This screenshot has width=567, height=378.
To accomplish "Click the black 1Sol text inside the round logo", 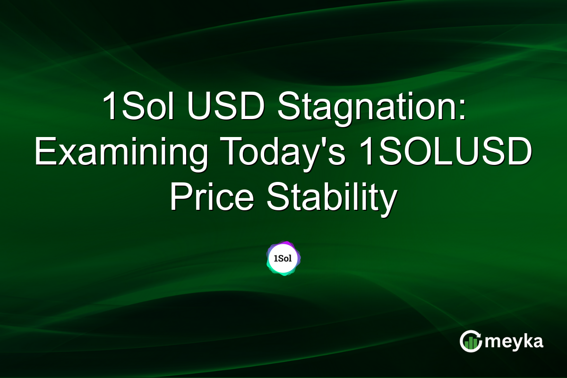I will tap(283, 259).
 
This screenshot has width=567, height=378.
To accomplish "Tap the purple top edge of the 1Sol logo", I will tap(283, 243).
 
